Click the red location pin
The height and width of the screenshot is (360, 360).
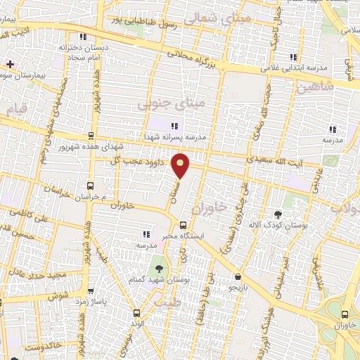(x=181, y=165)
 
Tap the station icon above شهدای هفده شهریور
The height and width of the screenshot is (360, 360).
(x=90, y=136)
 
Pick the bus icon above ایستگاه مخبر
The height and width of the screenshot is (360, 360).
(x=183, y=226)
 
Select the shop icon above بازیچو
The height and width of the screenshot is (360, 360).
(x=238, y=276)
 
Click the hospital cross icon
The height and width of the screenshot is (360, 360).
(x=10, y=64)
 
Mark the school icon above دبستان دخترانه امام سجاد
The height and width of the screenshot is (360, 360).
(x=83, y=37)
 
